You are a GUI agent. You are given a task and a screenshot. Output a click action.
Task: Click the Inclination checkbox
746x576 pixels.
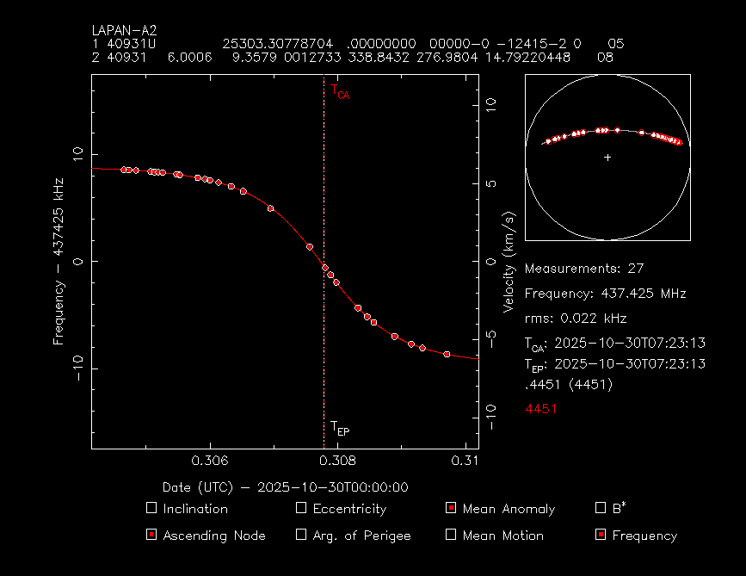tap(151, 508)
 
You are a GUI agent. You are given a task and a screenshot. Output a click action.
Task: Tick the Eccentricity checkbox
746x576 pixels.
tap(301, 508)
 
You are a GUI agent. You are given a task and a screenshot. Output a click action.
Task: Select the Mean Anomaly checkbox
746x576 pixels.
tap(451, 508)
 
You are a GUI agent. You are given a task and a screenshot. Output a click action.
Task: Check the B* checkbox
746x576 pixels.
tap(601, 508)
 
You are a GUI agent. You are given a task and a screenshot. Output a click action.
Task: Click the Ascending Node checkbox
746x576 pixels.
tap(151, 535)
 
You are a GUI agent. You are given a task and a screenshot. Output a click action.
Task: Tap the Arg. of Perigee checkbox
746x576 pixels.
tap(301, 535)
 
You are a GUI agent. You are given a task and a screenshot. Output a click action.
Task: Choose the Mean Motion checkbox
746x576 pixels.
tap(451, 535)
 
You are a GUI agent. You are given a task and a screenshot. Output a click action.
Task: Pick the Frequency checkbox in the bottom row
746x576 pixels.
tap(601, 535)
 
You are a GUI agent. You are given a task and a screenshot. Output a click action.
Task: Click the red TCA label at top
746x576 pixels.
tap(340, 90)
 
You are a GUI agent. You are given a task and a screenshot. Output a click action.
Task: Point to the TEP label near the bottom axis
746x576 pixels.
tap(340, 428)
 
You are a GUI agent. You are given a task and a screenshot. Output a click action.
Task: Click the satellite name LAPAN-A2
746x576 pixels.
tap(124, 30)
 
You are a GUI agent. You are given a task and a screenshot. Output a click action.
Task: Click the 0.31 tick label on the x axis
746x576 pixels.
tap(465, 460)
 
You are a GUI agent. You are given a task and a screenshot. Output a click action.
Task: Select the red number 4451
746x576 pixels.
tap(541, 409)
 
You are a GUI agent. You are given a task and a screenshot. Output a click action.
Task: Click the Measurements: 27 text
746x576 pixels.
tap(584, 269)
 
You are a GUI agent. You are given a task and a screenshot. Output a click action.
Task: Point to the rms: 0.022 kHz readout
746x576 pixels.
tap(576, 318)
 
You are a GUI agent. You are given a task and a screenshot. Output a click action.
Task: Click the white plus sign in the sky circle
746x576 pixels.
tap(607, 158)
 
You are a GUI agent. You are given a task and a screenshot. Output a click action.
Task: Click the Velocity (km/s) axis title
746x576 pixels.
tap(509, 262)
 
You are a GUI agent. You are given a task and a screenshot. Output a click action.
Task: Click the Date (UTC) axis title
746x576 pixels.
tap(285, 487)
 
